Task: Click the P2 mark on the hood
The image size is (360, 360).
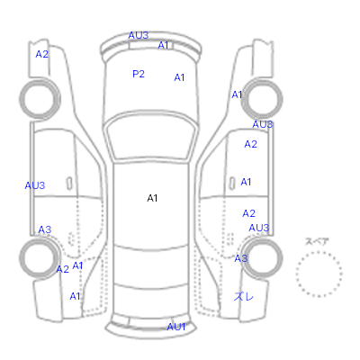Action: [139, 74]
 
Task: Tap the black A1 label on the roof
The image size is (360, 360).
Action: [152, 198]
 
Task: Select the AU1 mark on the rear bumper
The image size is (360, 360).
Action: [176, 327]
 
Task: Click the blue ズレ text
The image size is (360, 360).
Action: [244, 297]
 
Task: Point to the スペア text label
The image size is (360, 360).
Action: [317, 241]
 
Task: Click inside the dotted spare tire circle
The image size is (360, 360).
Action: [319, 274]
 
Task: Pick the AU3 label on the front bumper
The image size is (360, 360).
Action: [139, 35]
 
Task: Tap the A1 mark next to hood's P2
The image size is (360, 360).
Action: [179, 77]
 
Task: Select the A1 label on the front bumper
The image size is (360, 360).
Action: [163, 45]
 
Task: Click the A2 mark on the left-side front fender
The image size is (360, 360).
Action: [41, 54]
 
